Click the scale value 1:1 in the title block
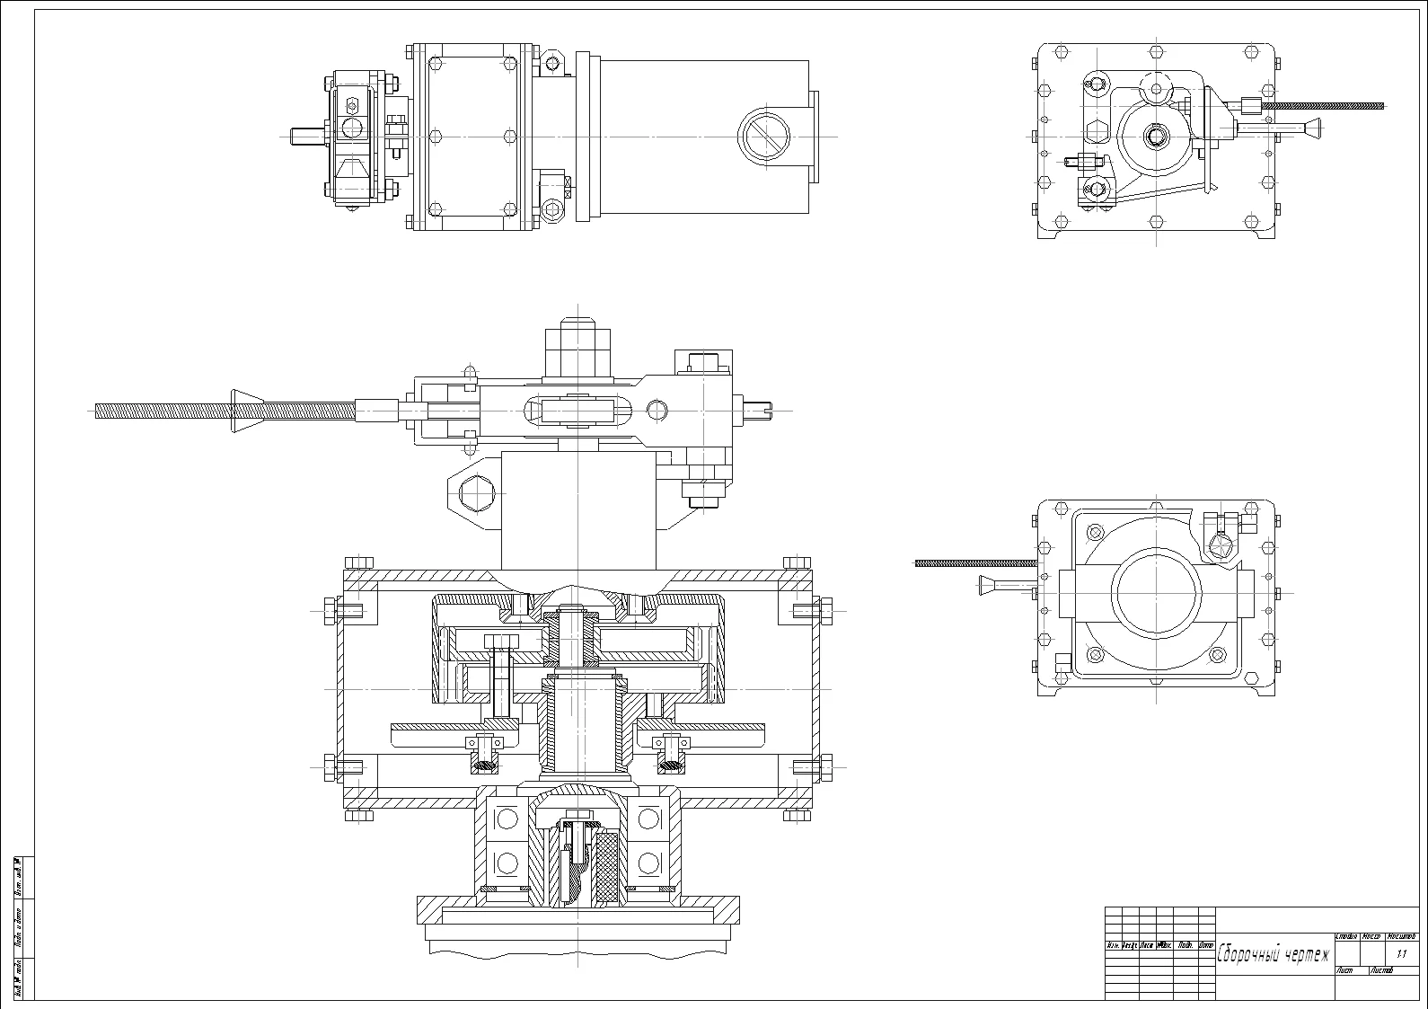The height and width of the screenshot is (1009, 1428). pyautogui.click(x=1402, y=954)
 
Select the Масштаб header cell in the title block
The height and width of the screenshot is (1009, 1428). pyautogui.click(x=1401, y=936)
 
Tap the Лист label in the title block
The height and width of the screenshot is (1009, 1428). pyautogui.click(x=1345, y=971)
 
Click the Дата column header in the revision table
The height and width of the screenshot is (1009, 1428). pyautogui.click(x=1206, y=945)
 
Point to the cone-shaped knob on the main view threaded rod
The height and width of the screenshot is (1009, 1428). pyautogui.click(x=247, y=412)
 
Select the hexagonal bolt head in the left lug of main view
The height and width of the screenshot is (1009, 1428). pyautogui.click(x=475, y=494)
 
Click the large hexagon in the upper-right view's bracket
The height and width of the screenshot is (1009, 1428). pyautogui.click(x=1097, y=131)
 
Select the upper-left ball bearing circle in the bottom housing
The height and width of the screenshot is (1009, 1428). pyautogui.click(x=507, y=819)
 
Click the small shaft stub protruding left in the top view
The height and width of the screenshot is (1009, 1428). pyautogui.click(x=304, y=137)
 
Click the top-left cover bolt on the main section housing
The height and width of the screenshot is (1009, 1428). pyautogui.click(x=358, y=562)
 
